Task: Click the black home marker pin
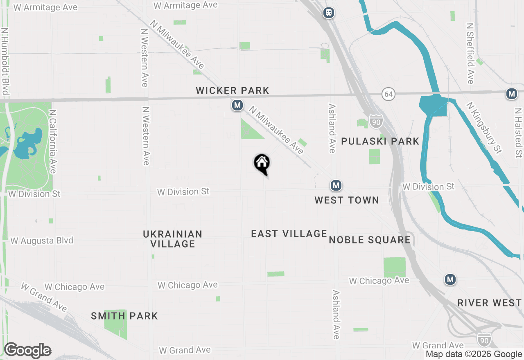coord(262,164)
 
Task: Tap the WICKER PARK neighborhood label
coord(232,90)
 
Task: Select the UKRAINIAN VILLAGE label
coord(172,239)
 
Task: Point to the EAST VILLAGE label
coord(289,234)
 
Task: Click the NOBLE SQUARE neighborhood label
coord(370,240)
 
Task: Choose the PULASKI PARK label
coord(380,141)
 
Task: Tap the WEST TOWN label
coord(346,200)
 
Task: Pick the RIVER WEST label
coord(489,303)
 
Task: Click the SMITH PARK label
coord(124,316)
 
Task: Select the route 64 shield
coord(388,94)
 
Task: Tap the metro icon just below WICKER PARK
coord(237,106)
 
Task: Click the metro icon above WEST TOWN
coord(336,186)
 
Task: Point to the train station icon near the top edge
coord(328,13)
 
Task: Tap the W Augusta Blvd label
coord(42,241)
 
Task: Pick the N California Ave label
coord(52,141)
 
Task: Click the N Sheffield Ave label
coord(470,53)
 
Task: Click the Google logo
coord(27,351)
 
